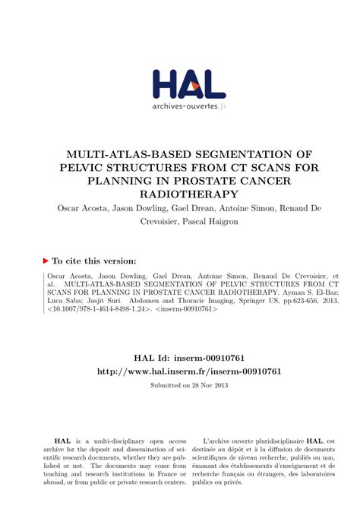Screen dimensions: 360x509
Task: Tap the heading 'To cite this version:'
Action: coord(94,260)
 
